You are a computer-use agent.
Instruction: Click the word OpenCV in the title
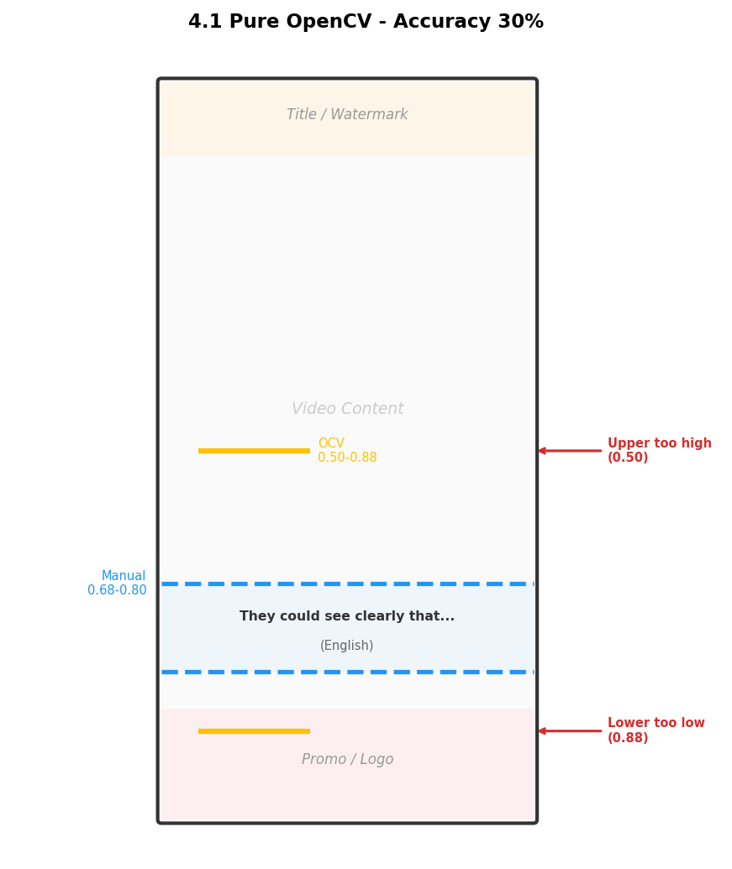pos(328,22)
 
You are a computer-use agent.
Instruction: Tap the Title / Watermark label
pos(347,114)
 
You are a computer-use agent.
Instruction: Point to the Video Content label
pos(348,408)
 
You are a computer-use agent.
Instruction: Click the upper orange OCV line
pos(254,451)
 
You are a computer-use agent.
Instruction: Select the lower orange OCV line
pos(254,731)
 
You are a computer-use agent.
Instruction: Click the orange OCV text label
pos(331,442)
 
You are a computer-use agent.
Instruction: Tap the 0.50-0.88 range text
pos(347,458)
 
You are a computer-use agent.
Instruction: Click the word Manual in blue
pos(123,576)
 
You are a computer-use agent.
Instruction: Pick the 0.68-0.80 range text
pos(117,590)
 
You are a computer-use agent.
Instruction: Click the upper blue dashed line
pos(348,584)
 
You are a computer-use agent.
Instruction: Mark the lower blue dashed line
pos(348,672)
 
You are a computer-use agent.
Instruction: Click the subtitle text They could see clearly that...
pos(347,615)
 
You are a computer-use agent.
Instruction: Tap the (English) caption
pos(346,646)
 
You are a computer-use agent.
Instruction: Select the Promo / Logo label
pos(348,759)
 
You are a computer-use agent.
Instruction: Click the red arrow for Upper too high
pos(570,451)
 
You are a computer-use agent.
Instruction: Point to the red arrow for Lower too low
pos(570,731)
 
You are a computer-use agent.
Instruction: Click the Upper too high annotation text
pos(660,450)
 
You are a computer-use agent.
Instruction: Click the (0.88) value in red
pos(628,738)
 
